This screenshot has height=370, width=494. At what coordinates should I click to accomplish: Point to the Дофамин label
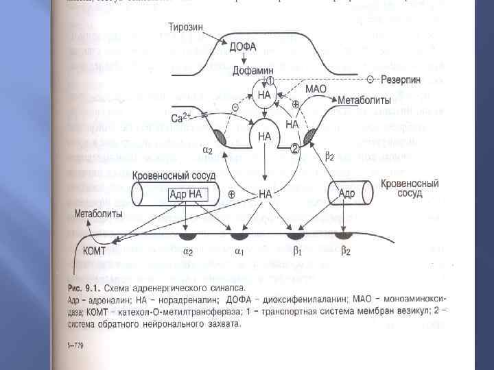[255, 71]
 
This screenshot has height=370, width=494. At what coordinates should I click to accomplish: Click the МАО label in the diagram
[316, 90]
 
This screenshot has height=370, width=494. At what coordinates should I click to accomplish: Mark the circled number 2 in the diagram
[294, 148]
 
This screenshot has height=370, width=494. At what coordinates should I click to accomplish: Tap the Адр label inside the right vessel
[346, 194]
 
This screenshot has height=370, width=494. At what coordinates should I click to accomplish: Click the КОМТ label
[97, 251]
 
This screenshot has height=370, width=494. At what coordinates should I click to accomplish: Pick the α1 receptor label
[239, 251]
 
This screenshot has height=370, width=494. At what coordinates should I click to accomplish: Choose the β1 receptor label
[297, 251]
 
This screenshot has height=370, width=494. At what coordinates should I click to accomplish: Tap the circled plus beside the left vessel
[231, 195]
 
